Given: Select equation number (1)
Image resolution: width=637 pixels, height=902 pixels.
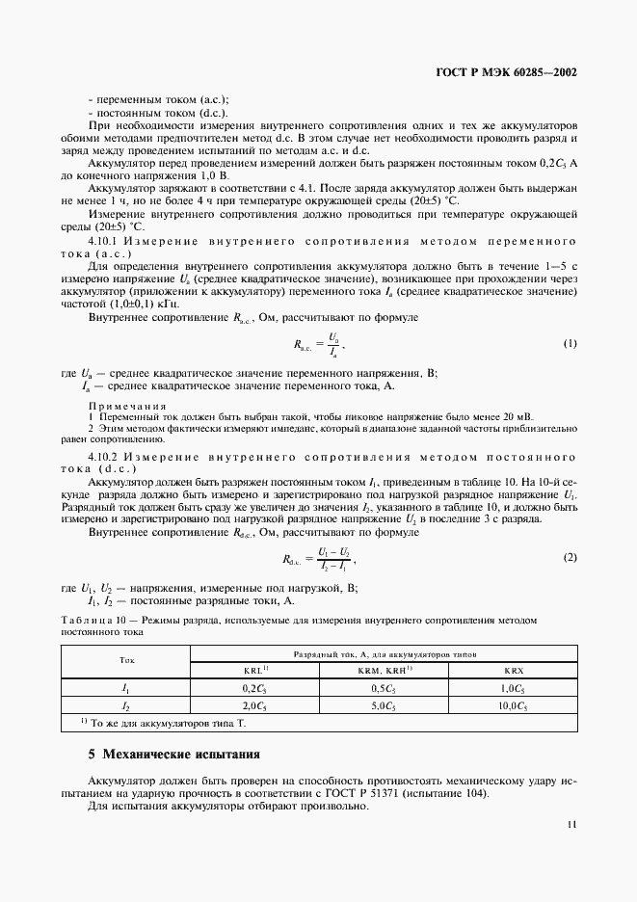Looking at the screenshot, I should tap(570, 343).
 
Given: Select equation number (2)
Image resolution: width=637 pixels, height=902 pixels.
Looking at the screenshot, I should tap(570, 558).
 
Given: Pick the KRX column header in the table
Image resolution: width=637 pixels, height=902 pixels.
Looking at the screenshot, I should tap(512, 670).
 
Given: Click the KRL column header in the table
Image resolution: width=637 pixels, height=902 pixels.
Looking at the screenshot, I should tap(254, 670).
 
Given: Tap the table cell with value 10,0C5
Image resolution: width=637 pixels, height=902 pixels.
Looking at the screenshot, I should tap(512, 705).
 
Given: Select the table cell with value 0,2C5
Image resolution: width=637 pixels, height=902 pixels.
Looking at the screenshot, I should tap(254, 688).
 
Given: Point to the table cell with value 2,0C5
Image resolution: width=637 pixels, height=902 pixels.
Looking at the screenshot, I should tap(254, 705).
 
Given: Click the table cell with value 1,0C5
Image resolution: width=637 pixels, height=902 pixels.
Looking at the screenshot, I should tap(512, 688).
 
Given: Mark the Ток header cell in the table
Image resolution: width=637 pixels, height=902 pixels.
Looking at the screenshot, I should tap(126, 661).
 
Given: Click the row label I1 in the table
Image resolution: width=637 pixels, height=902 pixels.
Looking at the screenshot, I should tap(126, 688).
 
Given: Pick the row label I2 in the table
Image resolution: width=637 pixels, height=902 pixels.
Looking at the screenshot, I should tap(126, 705).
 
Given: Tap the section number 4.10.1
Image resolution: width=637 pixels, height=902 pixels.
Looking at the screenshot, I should tap(102, 241).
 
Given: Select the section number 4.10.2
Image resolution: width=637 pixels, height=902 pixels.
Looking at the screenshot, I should tap(102, 454).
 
